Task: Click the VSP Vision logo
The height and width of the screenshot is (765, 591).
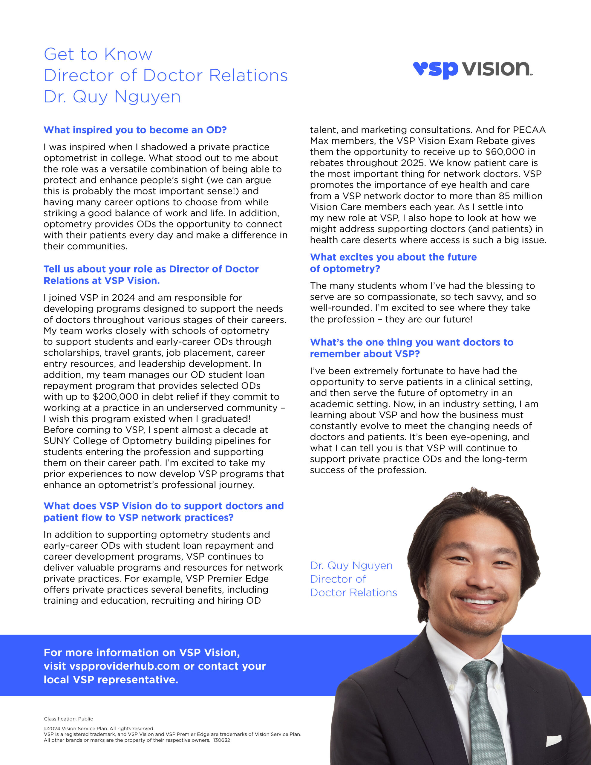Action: point(473,69)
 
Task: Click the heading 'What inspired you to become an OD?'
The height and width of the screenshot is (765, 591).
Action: point(135,130)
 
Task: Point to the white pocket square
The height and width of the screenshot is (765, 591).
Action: point(554,739)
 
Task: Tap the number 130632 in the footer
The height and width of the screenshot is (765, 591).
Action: point(221,740)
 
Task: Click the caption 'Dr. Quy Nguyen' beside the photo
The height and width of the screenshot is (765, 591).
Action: point(351,566)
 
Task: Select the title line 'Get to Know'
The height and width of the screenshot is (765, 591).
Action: point(98,54)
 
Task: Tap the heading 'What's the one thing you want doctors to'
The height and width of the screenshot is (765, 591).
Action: point(411,342)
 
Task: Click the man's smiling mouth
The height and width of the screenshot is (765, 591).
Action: point(478,602)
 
